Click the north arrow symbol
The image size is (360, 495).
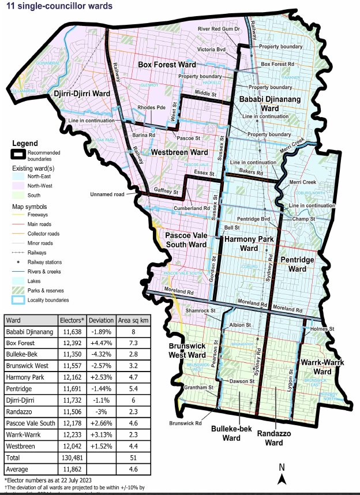click(281, 475)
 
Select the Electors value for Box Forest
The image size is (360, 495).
click(72, 343)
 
